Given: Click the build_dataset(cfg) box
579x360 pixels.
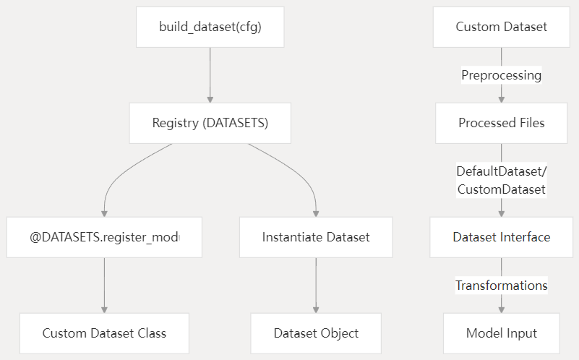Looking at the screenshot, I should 210,27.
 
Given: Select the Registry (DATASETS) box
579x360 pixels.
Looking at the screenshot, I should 210,123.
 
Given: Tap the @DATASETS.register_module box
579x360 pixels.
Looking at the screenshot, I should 104,237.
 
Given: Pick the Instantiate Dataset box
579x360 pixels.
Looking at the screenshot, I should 316,237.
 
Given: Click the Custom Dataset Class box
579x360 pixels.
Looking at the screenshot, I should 104,333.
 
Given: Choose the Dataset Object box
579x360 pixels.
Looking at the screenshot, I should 316,333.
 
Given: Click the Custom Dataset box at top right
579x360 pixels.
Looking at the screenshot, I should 501,27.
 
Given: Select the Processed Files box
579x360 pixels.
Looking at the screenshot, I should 501,123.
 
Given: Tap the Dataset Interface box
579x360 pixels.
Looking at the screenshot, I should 501,237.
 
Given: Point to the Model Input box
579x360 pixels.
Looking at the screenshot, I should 501,333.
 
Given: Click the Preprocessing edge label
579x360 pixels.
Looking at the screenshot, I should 501,75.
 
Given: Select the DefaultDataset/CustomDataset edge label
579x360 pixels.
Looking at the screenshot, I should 501,180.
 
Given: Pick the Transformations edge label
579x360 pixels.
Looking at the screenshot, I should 501,286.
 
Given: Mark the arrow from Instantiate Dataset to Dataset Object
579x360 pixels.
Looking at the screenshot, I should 316,285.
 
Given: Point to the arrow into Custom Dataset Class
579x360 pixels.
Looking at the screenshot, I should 104,285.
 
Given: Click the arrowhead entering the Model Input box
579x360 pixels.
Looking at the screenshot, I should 501,309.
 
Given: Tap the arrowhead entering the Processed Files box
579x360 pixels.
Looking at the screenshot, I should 501,99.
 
